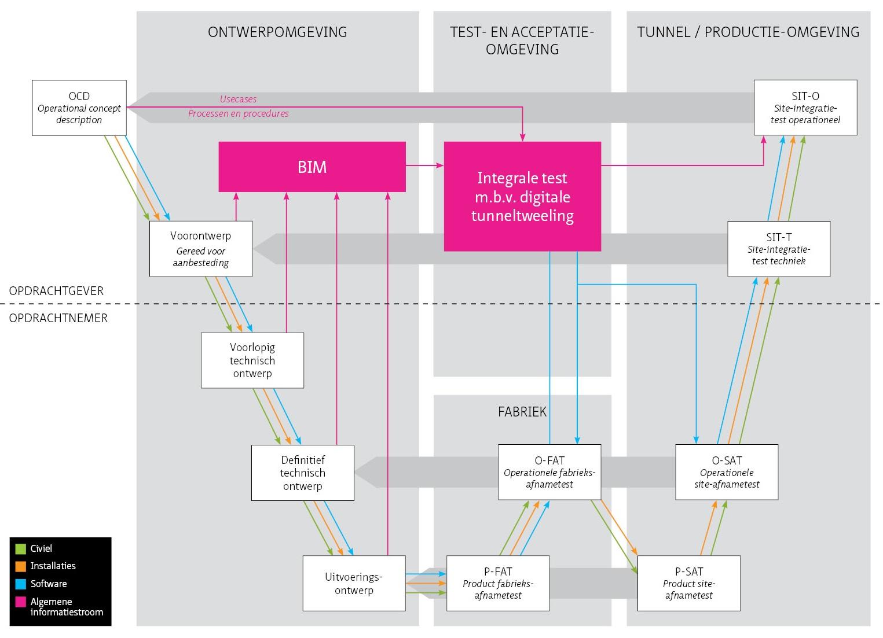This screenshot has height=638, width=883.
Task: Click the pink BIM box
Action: point(312,167)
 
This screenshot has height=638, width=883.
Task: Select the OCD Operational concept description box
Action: point(79,108)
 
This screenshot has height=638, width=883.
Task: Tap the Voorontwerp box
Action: point(201,249)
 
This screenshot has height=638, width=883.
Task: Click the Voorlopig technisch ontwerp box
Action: point(252,360)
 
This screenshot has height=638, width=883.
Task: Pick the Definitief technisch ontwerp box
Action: point(302,473)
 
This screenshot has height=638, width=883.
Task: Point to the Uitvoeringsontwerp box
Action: point(354,583)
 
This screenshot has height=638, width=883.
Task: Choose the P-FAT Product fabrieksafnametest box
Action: point(498,583)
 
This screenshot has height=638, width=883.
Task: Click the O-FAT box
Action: point(549,472)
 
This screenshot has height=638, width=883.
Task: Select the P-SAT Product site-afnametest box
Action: point(688,583)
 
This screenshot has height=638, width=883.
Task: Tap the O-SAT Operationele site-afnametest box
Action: point(727,472)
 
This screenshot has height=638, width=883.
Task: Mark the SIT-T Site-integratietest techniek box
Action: point(779,249)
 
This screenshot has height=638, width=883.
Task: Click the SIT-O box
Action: point(805,108)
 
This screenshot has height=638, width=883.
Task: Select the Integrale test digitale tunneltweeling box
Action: point(522,197)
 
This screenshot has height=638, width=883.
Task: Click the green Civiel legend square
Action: point(21,548)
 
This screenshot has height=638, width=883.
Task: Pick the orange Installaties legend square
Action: point(21,566)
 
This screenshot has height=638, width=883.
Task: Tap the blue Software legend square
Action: point(21,584)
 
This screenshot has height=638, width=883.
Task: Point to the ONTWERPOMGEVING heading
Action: point(277,32)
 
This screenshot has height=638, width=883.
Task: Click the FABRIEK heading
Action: point(522,411)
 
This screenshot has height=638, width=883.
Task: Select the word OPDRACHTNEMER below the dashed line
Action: point(58,318)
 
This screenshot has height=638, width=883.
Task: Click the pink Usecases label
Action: point(238,99)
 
